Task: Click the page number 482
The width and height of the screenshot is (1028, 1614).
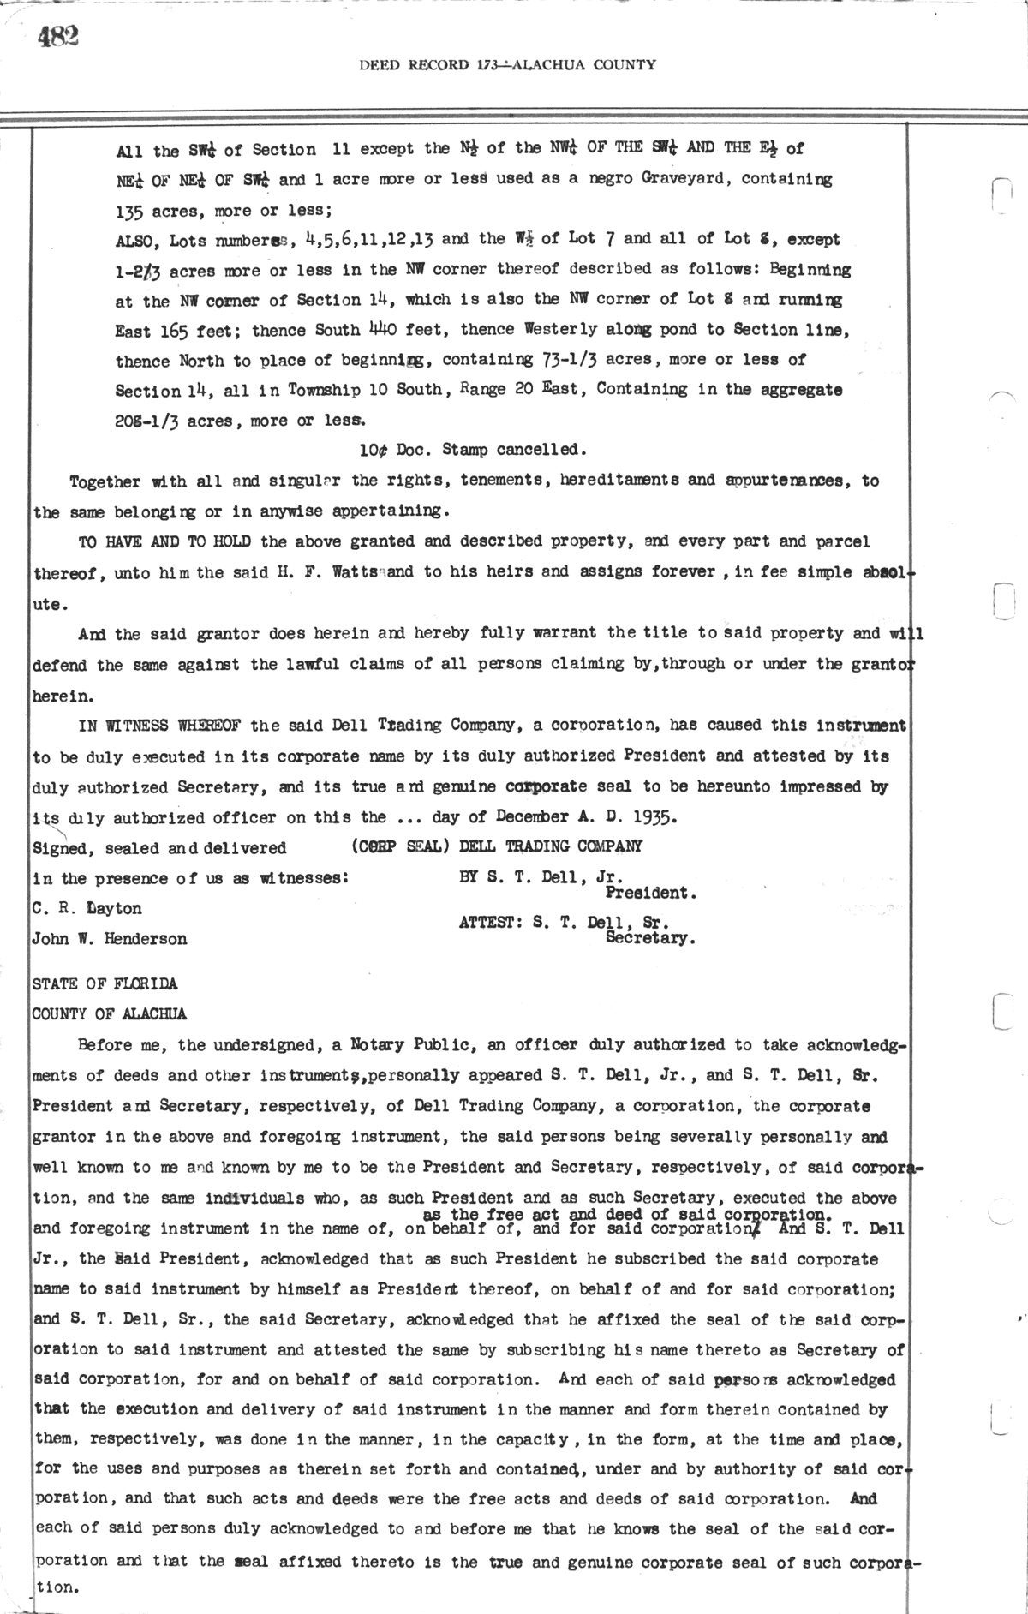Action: click(x=57, y=37)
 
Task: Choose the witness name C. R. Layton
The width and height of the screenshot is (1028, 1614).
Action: click(x=87, y=908)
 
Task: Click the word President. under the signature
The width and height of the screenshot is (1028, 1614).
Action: click(x=650, y=893)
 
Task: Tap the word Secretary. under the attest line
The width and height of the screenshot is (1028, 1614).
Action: click(x=650, y=938)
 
